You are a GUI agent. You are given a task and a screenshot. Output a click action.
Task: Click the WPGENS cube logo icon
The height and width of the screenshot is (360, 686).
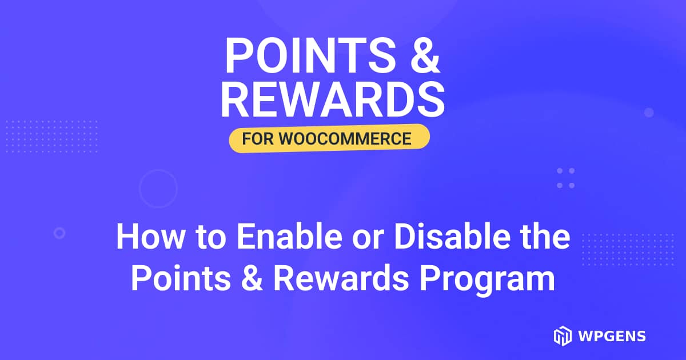(562, 336)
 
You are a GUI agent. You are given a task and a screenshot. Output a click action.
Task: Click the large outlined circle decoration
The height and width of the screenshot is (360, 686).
(158, 189)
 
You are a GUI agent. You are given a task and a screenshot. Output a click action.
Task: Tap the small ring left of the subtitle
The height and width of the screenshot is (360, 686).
(59, 233)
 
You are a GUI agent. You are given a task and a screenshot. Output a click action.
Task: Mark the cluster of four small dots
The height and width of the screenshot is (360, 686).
(565, 178)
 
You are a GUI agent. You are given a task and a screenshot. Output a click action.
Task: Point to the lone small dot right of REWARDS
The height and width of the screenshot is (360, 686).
(649, 113)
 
